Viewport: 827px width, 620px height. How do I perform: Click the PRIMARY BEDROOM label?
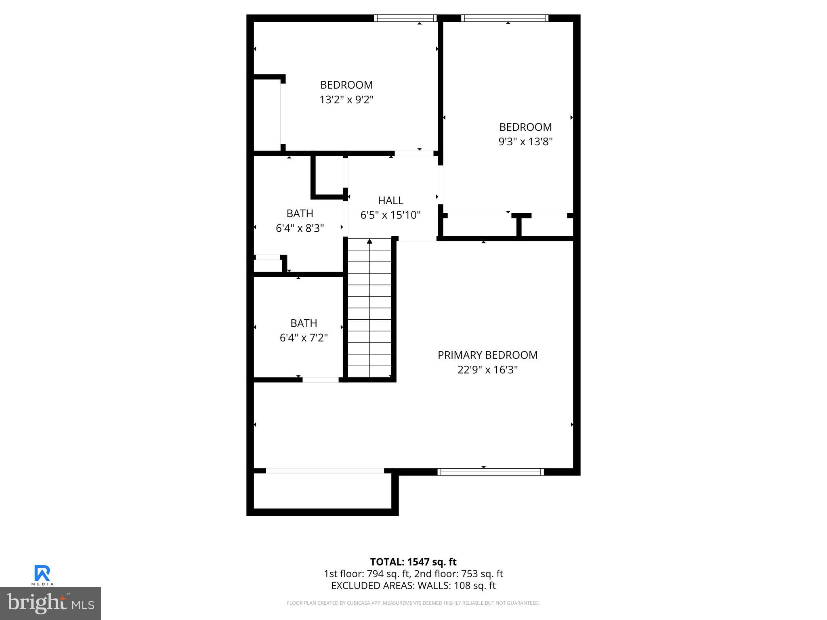(x=487, y=355)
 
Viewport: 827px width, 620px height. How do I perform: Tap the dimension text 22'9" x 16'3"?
(x=487, y=370)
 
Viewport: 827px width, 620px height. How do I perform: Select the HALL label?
(x=390, y=201)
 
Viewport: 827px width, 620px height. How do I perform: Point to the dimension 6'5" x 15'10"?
(x=390, y=215)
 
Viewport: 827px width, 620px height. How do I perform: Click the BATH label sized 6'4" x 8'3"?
(x=300, y=214)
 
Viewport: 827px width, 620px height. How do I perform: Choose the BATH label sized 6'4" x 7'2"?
(x=304, y=323)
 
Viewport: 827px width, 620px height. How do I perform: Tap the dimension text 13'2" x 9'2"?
(x=346, y=100)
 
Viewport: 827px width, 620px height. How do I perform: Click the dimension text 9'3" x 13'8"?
(x=525, y=142)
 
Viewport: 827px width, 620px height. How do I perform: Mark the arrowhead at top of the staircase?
(x=369, y=241)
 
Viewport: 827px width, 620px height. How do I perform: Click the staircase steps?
(x=369, y=311)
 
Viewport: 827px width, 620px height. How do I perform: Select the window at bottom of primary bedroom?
(x=490, y=472)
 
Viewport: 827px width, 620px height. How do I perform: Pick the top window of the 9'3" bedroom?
(x=504, y=18)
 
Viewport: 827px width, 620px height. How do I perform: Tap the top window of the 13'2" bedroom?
(x=405, y=18)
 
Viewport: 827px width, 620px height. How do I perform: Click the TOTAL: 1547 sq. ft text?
(x=413, y=562)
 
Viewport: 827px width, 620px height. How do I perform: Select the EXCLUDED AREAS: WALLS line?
(x=413, y=586)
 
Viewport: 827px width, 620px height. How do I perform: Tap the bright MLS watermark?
(x=50, y=603)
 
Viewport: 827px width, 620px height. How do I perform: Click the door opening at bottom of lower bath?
(x=321, y=380)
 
